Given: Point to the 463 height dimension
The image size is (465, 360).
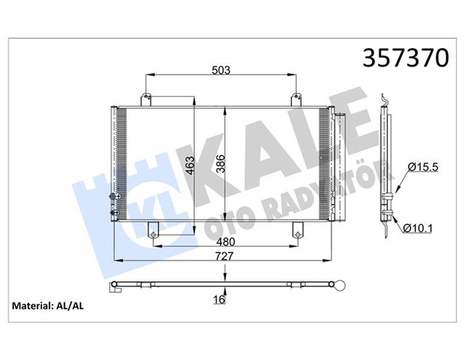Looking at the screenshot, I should (x=187, y=168).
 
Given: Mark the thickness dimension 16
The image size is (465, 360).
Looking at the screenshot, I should (x=217, y=299).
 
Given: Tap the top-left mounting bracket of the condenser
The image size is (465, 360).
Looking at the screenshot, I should (x=147, y=98).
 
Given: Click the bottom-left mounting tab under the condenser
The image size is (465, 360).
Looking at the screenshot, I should (x=154, y=231).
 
